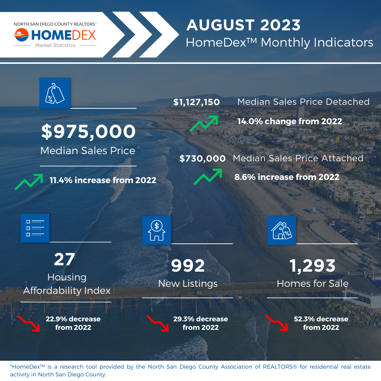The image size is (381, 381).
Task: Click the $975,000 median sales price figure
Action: pos(88,132)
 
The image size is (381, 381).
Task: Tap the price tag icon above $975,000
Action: pos(55,93)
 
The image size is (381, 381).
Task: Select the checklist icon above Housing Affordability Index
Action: pos(35,228)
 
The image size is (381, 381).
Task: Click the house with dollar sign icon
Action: pos(157,230)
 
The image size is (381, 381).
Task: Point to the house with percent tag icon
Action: pos(282,230)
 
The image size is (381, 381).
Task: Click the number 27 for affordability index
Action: pos(65,259)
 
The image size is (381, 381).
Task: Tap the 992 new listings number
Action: pos(188,266)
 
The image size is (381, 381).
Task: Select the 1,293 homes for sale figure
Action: pos(313,266)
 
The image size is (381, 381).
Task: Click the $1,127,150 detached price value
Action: pos(196,102)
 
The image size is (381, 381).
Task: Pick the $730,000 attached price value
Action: pos(202,158)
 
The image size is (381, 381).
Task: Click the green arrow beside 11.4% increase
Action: pos(29,182)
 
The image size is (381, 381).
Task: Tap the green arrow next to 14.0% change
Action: pos(204,123)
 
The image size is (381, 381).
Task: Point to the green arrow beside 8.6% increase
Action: pos(208,177)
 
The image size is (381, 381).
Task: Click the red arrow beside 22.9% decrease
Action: pos(29,323)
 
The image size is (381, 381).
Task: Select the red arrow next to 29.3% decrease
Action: pos(158,323)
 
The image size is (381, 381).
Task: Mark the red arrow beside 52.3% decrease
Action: pos(277,323)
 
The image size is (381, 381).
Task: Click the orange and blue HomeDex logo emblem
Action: pos(22,35)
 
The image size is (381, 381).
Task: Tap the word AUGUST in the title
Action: pos(220,25)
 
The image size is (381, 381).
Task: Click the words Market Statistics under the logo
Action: pos(55,46)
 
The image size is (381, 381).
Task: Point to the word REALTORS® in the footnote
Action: pos(280,367)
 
